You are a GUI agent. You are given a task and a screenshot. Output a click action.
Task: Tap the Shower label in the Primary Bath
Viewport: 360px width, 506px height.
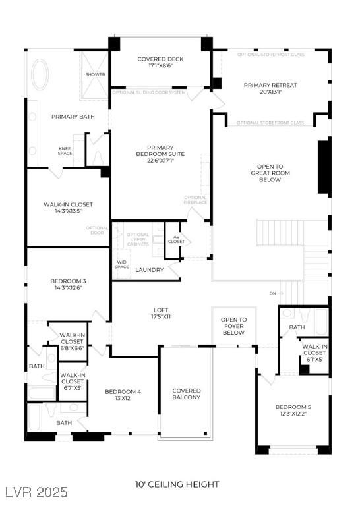[x=95, y=74]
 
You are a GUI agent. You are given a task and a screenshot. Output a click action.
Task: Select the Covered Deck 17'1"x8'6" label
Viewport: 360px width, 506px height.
[x=160, y=63]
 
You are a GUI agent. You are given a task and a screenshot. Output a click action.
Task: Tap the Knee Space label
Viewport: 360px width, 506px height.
[x=65, y=151]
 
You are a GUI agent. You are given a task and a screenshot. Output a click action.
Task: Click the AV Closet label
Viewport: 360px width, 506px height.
[x=176, y=239]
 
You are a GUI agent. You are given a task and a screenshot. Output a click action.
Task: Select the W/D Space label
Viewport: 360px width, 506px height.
[x=122, y=264]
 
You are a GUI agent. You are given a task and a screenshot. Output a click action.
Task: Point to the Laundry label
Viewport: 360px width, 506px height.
[x=150, y=270]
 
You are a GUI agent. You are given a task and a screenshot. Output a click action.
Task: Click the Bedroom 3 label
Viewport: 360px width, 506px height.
[x=68, y=285]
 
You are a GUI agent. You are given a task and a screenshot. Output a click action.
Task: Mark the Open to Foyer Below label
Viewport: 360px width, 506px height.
[x=233, y=326]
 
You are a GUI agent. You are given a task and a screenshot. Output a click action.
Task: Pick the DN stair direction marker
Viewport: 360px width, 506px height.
[x=273, y=293]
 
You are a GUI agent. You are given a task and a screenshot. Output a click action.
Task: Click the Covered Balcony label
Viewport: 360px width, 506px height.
[x=186, y=393]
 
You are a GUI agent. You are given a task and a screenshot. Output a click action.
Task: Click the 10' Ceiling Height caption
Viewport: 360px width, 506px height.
[x=177, y=484]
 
